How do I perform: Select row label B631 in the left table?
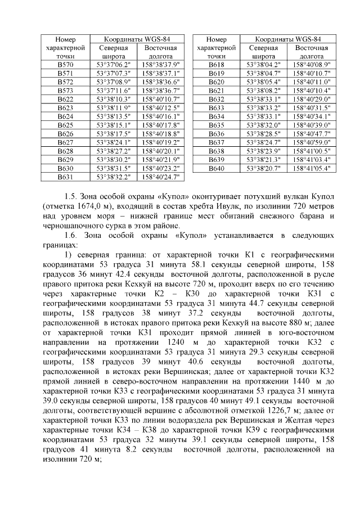[x=65, y=176]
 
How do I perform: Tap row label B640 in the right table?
[x=217, y=168]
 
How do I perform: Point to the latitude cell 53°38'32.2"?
[x=113, y=176]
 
